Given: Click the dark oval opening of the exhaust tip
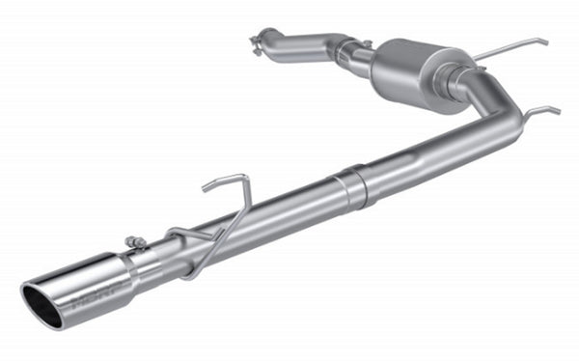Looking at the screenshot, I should tap(44, 303).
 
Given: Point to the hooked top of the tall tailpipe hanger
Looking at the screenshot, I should tap(226, 180).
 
